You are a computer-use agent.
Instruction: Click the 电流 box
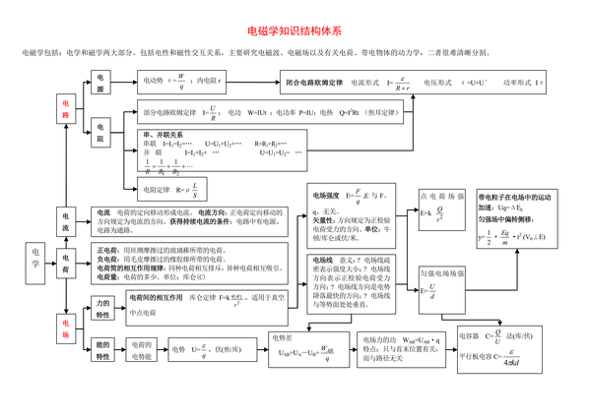(66, 221)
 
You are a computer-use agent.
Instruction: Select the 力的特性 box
(102, 309)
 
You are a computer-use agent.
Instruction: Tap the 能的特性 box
(102, 350)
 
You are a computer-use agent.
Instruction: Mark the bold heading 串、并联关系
(163, 134)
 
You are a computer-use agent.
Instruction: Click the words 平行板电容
(478, 355)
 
